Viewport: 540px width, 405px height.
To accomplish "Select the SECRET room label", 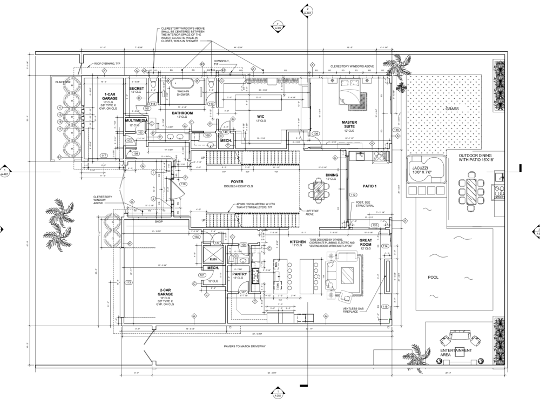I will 137,88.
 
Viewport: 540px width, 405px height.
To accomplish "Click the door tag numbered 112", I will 353,194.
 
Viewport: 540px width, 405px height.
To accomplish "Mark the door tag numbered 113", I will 129,282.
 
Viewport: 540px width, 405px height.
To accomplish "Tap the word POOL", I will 433,278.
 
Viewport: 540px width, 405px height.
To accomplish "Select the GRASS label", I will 451,109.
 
